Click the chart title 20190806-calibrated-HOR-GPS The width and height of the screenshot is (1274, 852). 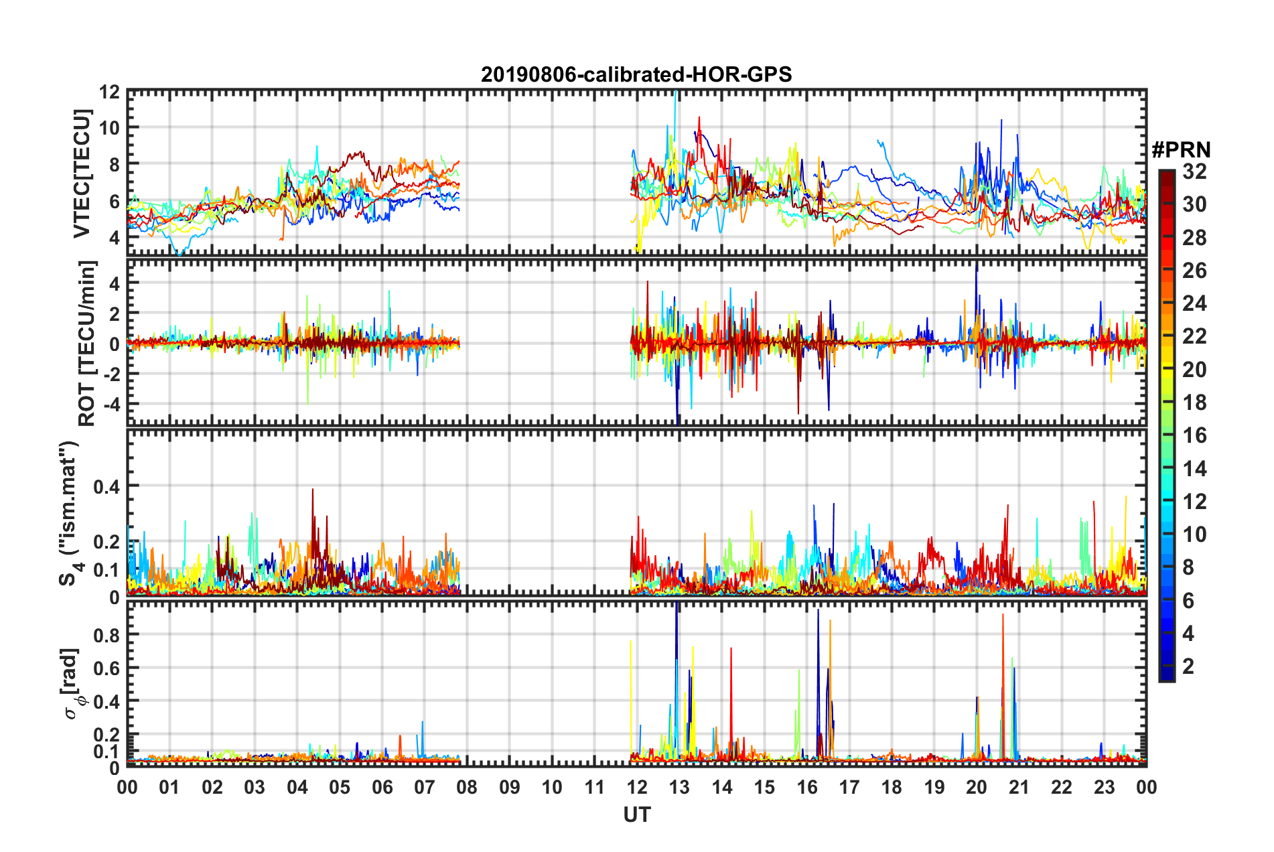pos(636,74)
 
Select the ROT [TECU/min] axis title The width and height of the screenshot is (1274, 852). pos(87,344)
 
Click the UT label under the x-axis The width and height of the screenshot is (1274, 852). pos(636,814)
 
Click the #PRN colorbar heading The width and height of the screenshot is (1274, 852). pos(1181,150)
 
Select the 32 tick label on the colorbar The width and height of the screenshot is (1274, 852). pos(1194,172)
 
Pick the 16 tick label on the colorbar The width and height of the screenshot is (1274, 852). pos(1194,436)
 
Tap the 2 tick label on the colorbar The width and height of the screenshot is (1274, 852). pos(1188,666)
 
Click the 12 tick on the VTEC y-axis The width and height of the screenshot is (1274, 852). pos(109,92)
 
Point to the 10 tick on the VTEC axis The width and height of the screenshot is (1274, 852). pos(109,128)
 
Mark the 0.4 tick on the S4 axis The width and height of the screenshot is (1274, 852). pos(106,487)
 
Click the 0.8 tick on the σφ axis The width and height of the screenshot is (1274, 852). pos(106,634)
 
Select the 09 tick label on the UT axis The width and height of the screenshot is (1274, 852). pos(510,787)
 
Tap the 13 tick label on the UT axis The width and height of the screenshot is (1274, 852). pos(679,787)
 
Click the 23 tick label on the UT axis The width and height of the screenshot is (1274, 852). pos(1104,787)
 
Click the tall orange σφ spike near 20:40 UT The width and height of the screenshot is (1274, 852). pos(1003,616)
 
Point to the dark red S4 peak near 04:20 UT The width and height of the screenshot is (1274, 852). pos(312,491)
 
